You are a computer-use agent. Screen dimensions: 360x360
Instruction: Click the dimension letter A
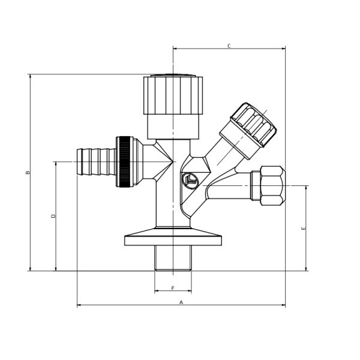coord(181,302)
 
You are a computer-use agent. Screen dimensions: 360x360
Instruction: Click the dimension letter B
coord(27,172)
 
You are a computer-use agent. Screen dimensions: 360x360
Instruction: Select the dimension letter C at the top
coord(229,46)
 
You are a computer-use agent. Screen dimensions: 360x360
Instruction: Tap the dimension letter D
coord(53,215)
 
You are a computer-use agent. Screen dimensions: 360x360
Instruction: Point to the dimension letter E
coord(304,228)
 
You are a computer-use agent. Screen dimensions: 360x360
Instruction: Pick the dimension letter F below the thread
coord(173,288)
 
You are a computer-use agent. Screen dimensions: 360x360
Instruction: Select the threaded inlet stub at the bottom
coord(173,258)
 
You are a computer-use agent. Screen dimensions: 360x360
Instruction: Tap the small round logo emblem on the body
coord(191,180)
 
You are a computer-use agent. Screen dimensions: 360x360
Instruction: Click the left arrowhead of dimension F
coord(157,292)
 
